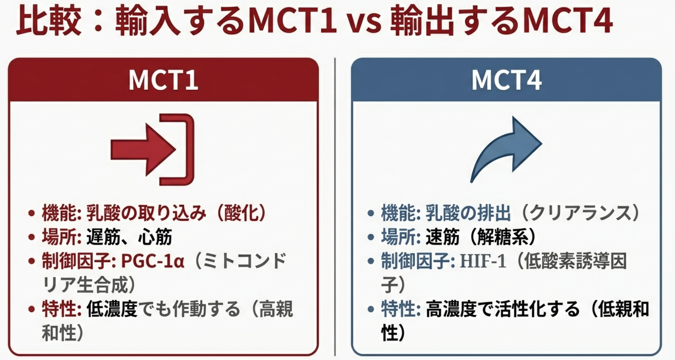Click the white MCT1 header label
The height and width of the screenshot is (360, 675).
[163, 80]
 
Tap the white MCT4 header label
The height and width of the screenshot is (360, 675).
[506, 80]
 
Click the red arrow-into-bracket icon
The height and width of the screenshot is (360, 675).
[153, 150]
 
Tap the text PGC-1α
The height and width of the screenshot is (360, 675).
[153, 261]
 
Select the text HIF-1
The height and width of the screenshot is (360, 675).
[483, 261]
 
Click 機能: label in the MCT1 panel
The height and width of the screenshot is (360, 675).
[61, 213]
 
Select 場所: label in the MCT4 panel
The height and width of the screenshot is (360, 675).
[401, 237]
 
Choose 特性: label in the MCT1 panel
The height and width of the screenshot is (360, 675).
[61, 309]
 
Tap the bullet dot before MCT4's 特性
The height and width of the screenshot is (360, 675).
[371, 309]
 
